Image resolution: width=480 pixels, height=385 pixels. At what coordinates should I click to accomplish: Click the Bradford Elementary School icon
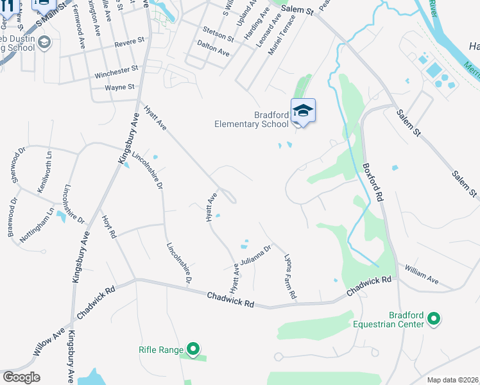(x=303, y=111)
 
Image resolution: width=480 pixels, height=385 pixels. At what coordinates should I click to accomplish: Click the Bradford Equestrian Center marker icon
(x=434, y=318)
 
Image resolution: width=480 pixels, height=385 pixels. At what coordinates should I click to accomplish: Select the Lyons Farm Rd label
(x=290, y=277)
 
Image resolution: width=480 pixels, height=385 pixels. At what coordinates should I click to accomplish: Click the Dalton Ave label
(x=214, y=47)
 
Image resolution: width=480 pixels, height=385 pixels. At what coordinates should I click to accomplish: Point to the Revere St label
(x=130, y=44)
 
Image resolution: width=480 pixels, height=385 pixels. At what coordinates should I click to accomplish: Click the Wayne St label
(x=120, y=87)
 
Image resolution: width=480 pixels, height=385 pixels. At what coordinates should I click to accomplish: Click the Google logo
(x=22, y=377)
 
